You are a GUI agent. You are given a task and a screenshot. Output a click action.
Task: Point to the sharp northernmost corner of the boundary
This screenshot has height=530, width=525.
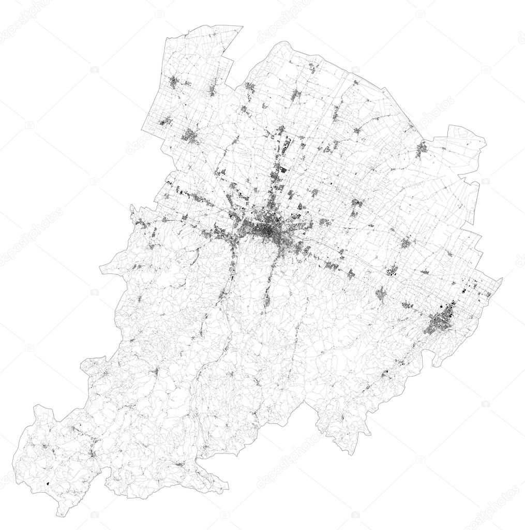[242, 26]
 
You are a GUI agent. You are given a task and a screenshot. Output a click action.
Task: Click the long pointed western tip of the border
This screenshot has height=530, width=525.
[101, 269]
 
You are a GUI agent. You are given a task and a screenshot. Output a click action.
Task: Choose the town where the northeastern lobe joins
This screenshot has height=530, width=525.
[422, 149]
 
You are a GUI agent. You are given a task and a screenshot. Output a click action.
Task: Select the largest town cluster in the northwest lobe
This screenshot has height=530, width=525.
[190, 137]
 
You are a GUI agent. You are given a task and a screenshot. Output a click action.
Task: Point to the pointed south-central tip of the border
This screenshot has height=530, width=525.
[281, 426]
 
